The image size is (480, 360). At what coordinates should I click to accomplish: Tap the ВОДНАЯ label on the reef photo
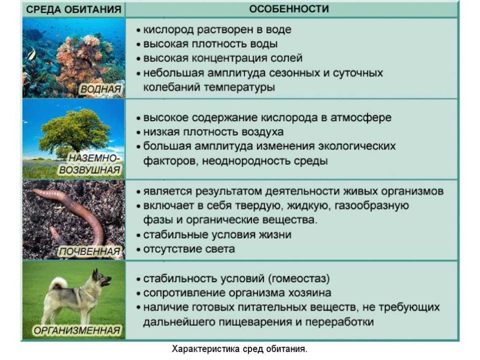point(101,89)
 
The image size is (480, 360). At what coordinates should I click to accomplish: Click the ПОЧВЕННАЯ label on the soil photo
point(89,252)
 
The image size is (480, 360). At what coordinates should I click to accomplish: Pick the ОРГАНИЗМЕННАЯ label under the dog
point(77,331)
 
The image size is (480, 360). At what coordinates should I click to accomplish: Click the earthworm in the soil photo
point(84,206)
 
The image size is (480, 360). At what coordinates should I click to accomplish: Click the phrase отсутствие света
point(189,249)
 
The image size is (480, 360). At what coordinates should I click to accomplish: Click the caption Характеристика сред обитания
point(240,349)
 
